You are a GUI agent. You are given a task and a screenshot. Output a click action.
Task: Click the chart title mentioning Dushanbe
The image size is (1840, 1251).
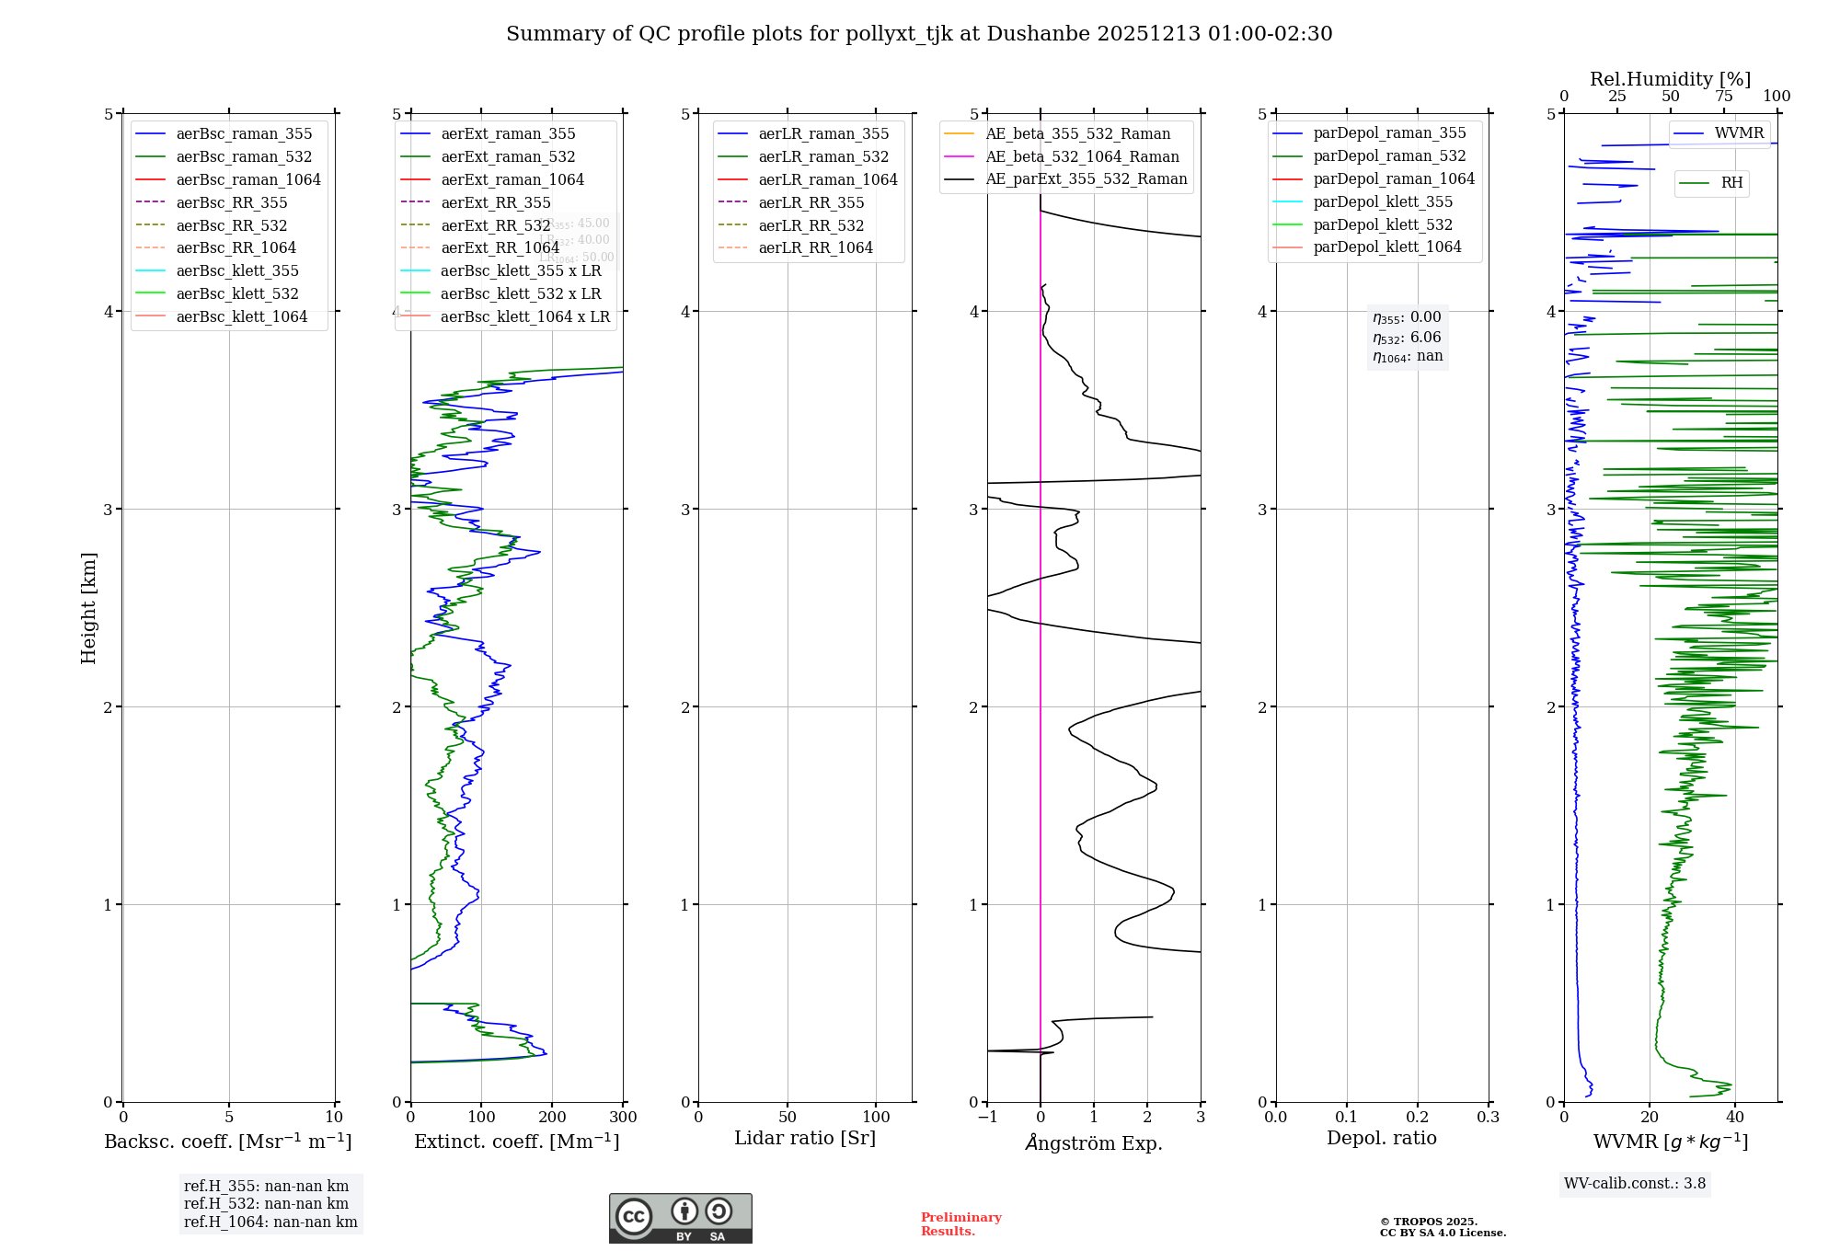tap(919, 34)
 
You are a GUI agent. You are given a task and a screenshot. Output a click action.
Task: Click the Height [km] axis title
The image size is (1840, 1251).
tap(88, 608)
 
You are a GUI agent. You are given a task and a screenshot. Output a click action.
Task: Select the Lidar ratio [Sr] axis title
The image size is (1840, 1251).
tap(805, 1139)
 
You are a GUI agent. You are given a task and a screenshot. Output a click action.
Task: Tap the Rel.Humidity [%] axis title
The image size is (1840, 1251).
tap(1670, 79)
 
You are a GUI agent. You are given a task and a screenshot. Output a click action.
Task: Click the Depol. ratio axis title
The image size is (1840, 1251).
tap(1381, 1139)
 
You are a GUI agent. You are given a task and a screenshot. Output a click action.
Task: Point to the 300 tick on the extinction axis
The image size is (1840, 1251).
tap(623, 1118)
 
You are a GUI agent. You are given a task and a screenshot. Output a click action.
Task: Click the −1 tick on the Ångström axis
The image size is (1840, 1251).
tap(987, 1118)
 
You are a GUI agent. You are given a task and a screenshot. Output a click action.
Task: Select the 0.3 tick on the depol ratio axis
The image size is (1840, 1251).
tap(1488, 1118)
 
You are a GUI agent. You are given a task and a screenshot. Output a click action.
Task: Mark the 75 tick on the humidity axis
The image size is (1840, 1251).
tap(1724, 97)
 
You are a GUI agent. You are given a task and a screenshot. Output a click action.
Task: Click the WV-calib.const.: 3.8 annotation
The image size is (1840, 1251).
tap(1635, 1184)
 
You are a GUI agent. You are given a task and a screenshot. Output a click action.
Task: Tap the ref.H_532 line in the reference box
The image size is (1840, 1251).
tap(266, 1204)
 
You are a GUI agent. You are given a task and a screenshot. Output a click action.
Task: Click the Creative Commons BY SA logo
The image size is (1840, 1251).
tap(680, 1219)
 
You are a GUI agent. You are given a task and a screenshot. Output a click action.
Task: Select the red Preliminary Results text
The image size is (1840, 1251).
tap(960, 1224)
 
